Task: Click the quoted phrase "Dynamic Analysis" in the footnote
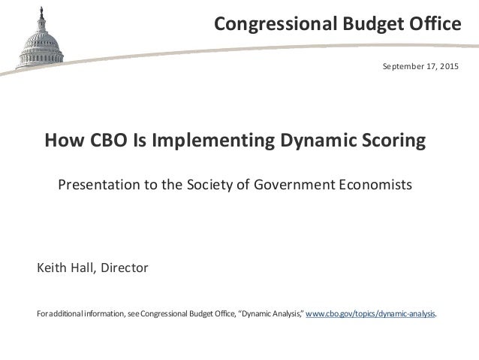[x=270, y=313]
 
